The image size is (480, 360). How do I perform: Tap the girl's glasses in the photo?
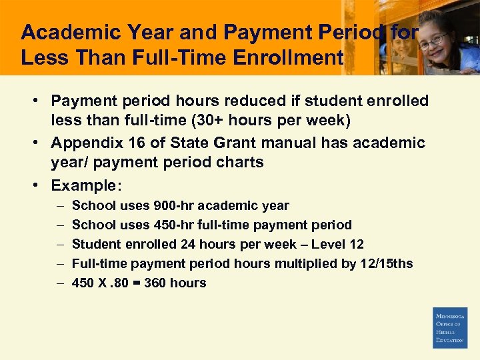point(433,40)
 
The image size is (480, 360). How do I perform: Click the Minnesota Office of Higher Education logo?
point(450,327)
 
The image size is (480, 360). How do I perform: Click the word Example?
point(83,185)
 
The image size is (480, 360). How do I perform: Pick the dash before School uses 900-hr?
point(59,205)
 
